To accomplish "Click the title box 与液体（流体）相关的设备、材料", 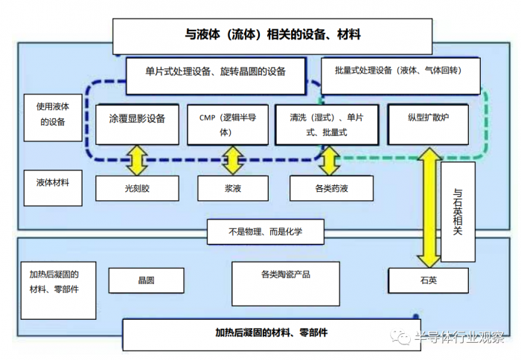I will (x=272, y=33).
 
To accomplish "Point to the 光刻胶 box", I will (x=137, y=188).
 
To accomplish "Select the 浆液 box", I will (x=231, y=188).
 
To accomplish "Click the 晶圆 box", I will (x=146, y=280).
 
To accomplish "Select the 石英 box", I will (x=428, y=280).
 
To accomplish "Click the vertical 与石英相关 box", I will (x=458, y=211).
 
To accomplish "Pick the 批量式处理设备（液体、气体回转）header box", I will (x=398, y=71).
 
